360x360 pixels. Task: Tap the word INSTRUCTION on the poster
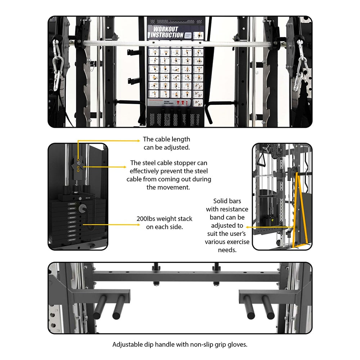point(167,35)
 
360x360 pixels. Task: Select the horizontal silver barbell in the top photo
point(180,44)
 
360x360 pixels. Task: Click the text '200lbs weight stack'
point(165,219)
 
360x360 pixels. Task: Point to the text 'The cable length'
point(166,139)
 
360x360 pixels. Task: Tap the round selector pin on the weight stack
point(82,208)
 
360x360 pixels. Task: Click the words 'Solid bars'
point(227,201)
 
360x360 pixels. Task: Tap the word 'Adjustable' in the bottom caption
point(127,345)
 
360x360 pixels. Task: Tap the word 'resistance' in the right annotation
point(227,209)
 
